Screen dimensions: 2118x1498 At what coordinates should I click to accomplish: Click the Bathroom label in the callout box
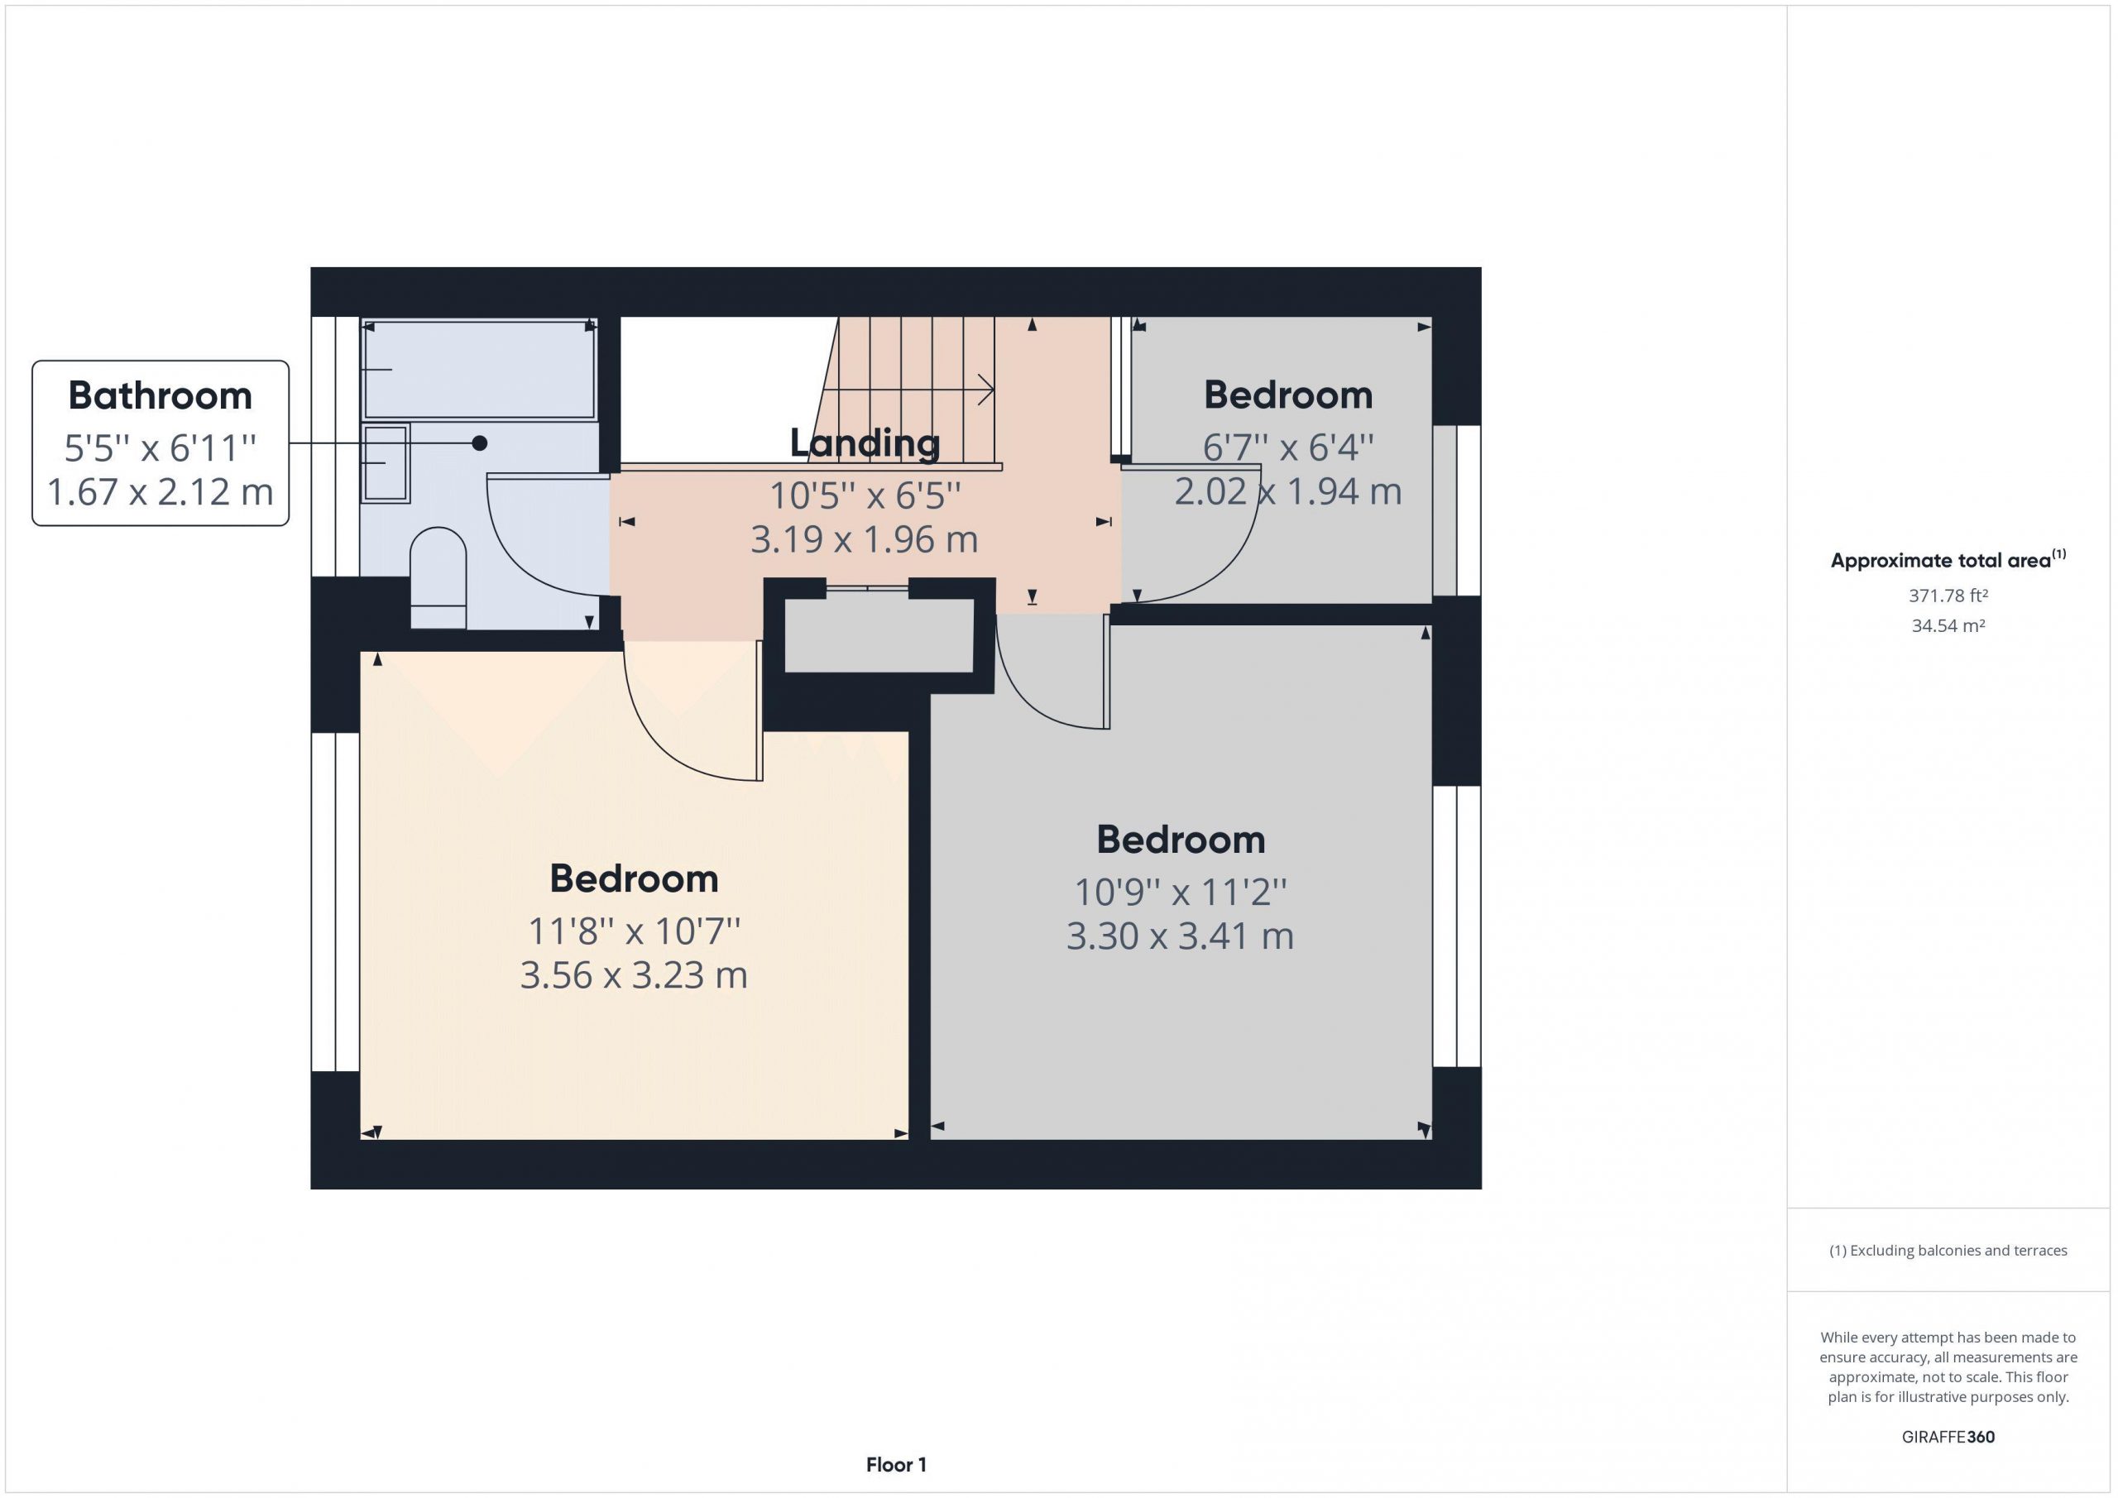pos(160,395)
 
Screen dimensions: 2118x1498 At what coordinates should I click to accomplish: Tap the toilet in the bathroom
pos(438,577)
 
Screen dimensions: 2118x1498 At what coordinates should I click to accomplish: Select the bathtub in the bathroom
pos(479,369)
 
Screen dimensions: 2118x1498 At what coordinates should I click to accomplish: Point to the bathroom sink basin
pos(386,463)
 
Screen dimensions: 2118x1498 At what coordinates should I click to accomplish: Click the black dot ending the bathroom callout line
pos(480,443)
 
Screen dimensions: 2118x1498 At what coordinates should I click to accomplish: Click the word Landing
pos(865,443)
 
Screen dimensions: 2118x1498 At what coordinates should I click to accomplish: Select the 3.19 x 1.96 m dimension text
pos(865,539)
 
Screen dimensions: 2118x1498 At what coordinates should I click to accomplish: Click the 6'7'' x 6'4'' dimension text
pos(1288,448)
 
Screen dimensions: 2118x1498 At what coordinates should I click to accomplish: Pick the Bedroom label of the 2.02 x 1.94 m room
pos(1288,395)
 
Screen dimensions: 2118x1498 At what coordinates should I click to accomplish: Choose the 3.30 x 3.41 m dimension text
pos(1180,936)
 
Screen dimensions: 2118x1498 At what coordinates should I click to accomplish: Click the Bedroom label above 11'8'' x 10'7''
pos(634,878)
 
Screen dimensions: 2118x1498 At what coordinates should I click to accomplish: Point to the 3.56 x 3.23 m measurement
pos(634,975)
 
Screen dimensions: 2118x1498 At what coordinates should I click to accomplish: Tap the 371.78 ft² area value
pos(1948,596)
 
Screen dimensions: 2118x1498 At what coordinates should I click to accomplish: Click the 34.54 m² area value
pos(1948,625)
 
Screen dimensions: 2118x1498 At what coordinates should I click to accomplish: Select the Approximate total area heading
pos(1948,559)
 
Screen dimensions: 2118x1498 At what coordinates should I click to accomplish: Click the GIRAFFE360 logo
pos(1948,1436)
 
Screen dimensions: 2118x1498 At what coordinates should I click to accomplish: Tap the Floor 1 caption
pos(896,1464)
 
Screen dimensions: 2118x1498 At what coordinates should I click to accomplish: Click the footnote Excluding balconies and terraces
pos(1948,1250)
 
